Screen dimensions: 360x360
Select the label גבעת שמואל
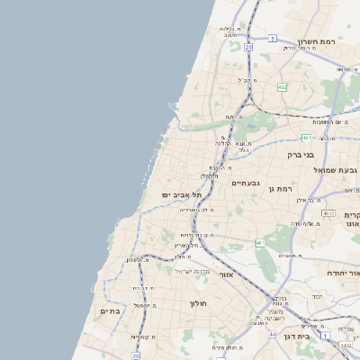coord(336,169)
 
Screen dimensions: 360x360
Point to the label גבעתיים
coord(245,183)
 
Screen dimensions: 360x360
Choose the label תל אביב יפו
coord(178,194)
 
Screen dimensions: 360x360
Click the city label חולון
coord(198,303)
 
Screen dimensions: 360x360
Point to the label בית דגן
coord(315,336)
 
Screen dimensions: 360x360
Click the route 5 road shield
coord(306,40)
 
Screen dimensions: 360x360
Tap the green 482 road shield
coord(283,87)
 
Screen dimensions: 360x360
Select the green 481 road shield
coord(307,138)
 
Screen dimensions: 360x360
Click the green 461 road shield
coord(260,243)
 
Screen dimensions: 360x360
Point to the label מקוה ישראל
coord(191,270)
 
